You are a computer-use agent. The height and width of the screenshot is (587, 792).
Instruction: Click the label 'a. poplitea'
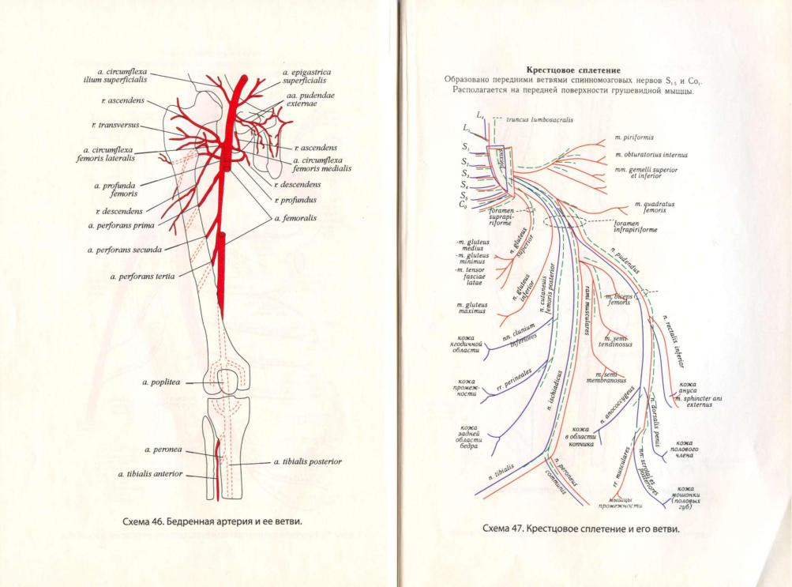(162, 382)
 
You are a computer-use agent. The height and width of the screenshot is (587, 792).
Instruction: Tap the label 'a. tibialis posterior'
(307, 461)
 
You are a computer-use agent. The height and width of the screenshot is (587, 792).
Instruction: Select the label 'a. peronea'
(163, 450)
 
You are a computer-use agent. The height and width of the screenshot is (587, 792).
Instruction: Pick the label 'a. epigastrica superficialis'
(306, 76)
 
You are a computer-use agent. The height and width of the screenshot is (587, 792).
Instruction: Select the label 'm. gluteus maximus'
(471, 307)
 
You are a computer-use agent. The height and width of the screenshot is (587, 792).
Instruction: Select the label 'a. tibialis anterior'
(151, 474)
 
